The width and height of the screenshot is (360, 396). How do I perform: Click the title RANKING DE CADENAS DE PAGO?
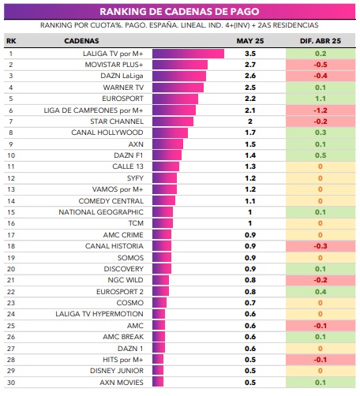click(179, 12)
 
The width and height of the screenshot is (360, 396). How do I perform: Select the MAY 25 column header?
click(250, 41)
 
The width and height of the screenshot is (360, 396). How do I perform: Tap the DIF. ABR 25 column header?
click(321, 41)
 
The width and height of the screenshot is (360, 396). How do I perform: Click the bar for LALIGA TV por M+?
click(188, 54)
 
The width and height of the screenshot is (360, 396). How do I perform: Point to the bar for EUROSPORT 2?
click(160, 291)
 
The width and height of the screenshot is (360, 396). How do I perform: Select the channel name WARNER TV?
click(123, 88)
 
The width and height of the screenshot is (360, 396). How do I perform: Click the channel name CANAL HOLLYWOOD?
click(107, 133)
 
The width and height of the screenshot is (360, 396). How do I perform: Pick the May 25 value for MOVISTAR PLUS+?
click(250, 65)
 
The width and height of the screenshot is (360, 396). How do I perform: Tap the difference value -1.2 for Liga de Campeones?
click(321, 110)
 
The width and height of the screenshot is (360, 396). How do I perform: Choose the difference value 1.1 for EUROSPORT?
click(321, 99)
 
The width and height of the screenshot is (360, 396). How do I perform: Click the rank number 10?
click(11, 155)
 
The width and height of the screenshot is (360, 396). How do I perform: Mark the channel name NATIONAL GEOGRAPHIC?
click(101, 212)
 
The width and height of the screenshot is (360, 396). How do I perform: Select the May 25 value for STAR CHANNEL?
click(250, 121)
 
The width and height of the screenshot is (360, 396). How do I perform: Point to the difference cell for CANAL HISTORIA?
click(321, 246)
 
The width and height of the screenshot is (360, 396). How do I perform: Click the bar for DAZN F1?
click(167, 155)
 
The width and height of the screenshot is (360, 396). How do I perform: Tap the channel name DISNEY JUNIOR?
click(117, 371)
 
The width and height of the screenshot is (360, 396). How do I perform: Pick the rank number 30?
click(11, 383)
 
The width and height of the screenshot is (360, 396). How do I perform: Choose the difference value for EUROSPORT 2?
click(321, 292)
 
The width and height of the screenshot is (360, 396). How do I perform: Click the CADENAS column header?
click(81, 41)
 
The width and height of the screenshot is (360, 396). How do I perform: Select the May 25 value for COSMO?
click(250, 303)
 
